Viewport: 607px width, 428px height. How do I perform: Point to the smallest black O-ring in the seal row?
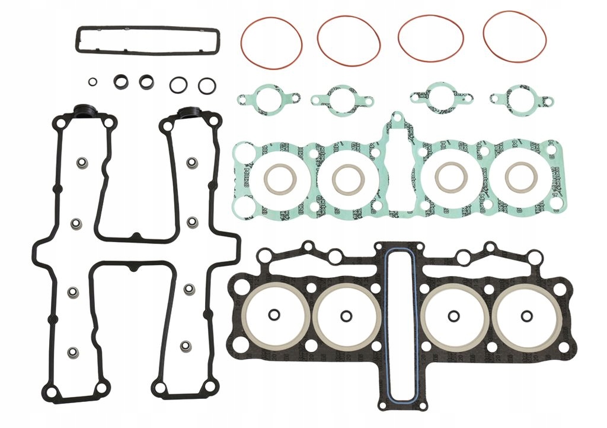click(92, 82)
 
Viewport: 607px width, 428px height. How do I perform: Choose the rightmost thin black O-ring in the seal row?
click(207, 85)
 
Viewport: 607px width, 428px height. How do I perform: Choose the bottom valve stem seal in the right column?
click(186, 345)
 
